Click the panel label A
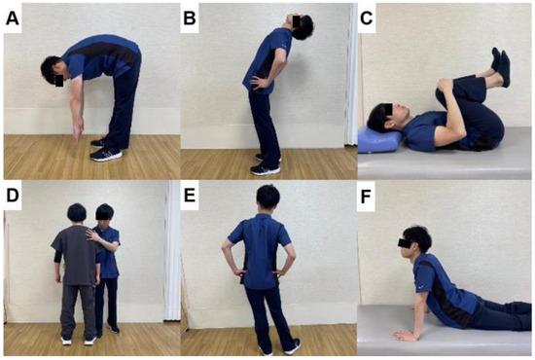click(15, 17)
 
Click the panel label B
click(192, 17)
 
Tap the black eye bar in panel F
click(410, 238)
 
